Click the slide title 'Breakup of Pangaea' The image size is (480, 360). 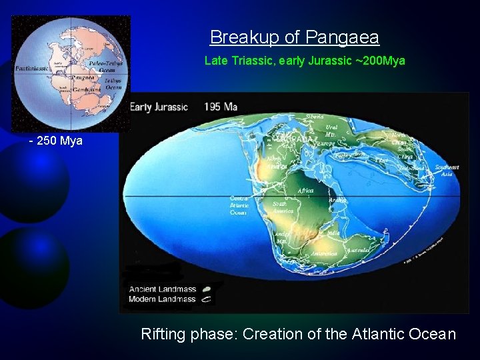[x=294, y=37]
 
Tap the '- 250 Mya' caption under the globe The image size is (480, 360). [x=55, y=141]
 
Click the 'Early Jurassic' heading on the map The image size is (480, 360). [x=159, y=107]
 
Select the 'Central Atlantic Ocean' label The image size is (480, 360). [x=239, y=205]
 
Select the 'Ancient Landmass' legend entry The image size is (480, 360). [x=163, y=289]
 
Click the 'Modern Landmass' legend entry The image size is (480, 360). [x=163, y=299]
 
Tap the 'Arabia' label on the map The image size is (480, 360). [x=339, y=199]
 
